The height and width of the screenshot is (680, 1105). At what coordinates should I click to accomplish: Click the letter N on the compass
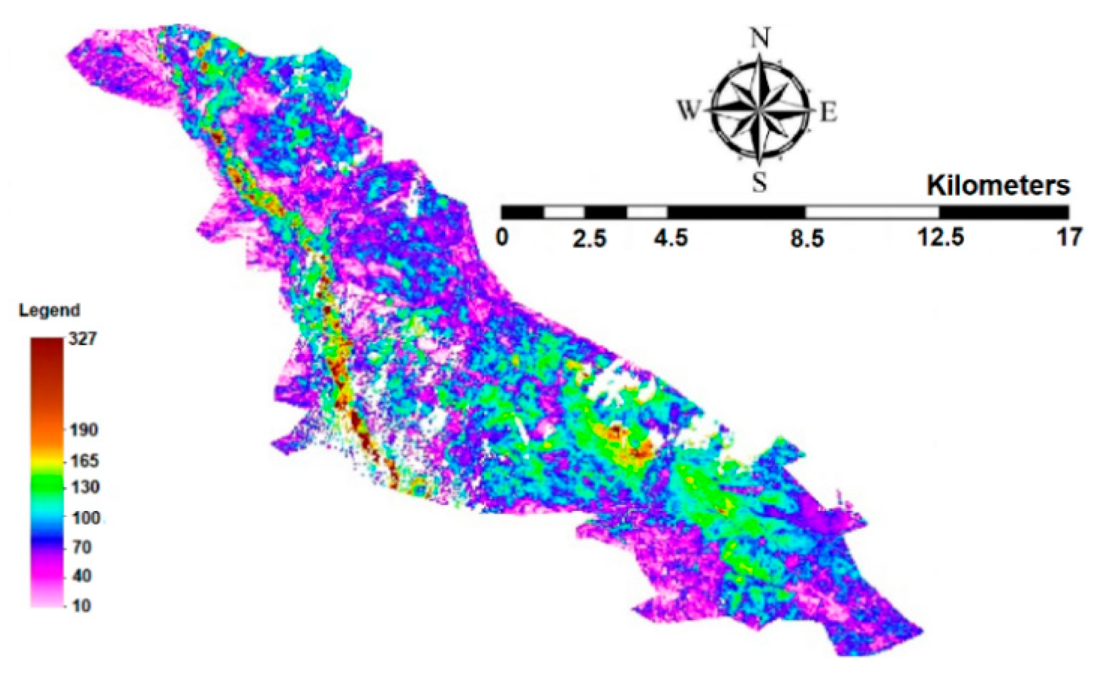coord(760,38)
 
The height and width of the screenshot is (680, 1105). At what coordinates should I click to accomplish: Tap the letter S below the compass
coord(760,182)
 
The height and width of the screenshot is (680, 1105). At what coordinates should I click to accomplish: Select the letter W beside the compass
coord(688,110)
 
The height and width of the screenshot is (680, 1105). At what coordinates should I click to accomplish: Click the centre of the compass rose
coord(760,110)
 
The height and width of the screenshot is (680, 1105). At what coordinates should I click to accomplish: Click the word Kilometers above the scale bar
coord(998,186)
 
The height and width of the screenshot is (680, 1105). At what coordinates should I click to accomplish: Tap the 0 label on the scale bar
coord(502,238)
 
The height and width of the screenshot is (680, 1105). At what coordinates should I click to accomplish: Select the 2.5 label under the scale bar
coord(589,239)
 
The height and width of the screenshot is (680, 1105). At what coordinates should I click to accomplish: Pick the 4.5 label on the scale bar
coord(670,239)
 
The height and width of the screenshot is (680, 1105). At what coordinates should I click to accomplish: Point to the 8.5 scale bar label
coord(806,239)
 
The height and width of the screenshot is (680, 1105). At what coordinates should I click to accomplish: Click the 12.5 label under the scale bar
coord(940,238)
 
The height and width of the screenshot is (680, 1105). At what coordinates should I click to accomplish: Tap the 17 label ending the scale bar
coord(1069,238)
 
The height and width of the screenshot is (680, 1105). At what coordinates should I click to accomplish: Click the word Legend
coord(49,311)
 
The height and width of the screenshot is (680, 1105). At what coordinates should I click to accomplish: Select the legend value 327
coord(83,339)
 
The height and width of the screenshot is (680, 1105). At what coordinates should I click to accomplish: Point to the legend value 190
coord(84,430)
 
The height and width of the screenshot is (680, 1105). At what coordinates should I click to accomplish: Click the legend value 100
coord(86,518)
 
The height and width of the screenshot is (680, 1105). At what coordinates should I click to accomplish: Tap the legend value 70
coord(82,547)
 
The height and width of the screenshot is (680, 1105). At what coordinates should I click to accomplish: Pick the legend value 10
coord(81,606)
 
